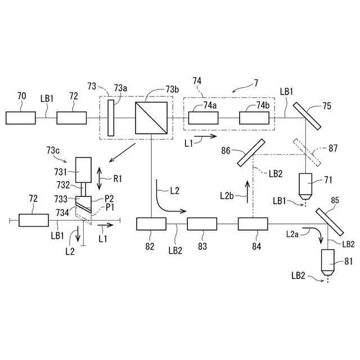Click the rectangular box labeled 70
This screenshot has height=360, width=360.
coord(21,118)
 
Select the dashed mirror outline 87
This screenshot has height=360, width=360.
coord(307,152)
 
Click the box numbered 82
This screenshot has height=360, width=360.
coord(151,224)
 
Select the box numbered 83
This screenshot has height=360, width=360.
coord(201,224)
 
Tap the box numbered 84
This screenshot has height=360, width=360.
coord(253,224)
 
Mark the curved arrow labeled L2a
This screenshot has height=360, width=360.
coord(318,233)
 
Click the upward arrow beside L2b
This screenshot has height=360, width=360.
coord(246,191)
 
